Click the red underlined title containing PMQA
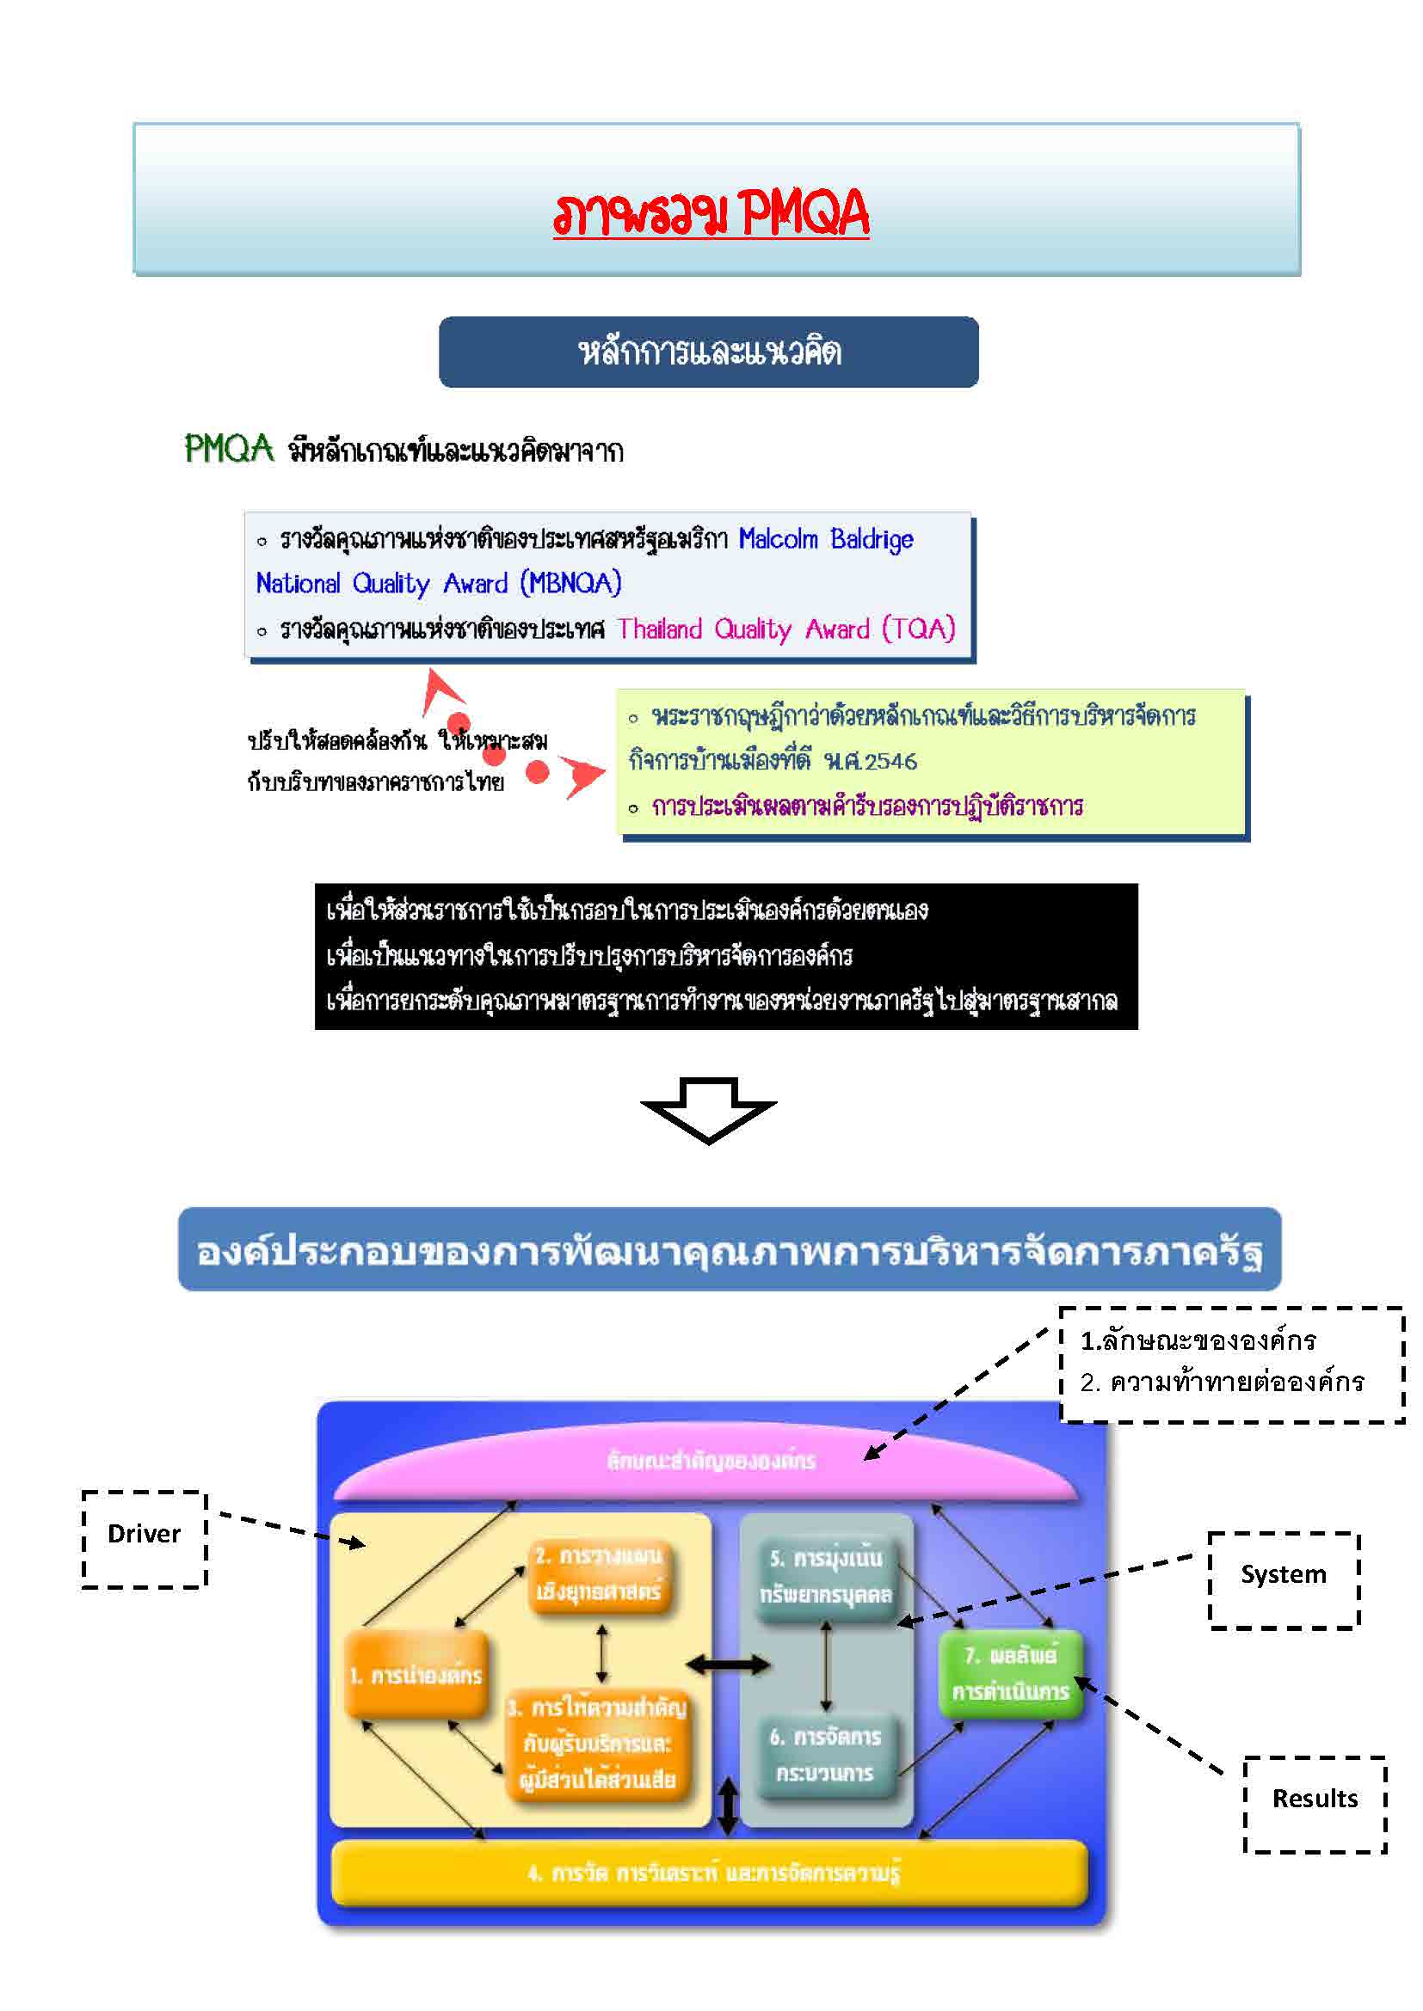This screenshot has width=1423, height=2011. coord(711,213)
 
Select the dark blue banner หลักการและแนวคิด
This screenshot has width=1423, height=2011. coord(708,353)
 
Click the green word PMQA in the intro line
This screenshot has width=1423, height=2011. coord(229,450)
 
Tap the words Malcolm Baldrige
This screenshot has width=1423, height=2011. coord(825,539)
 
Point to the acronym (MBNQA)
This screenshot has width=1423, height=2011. coord(570,583)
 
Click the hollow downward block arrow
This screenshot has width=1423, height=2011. coord(708,1109)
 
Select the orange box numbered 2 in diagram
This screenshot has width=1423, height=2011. coord(600,1574)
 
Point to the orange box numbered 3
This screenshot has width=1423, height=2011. coord(598,1743)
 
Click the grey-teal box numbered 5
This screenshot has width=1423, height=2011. coord(825,1577)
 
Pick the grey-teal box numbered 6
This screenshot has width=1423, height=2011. coord(825,1756)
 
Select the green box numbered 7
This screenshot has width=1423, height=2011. coord(1010,1673)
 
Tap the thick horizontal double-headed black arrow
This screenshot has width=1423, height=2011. coord(727,1665)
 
